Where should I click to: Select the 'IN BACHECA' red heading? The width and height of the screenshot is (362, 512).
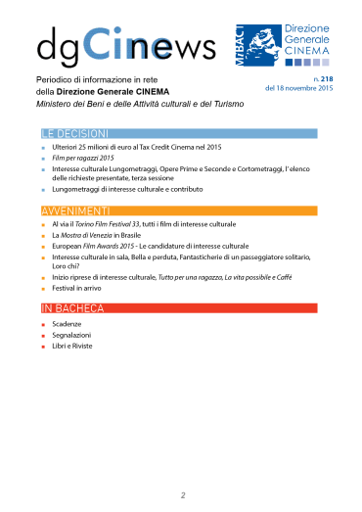(68, 307)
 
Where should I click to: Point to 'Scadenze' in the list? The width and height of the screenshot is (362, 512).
(68, 323)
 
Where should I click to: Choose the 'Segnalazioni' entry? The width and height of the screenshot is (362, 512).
(73, 335)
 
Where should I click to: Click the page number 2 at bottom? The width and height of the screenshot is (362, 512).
(181, 495)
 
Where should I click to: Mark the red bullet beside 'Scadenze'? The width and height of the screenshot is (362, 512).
(43, 324)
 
